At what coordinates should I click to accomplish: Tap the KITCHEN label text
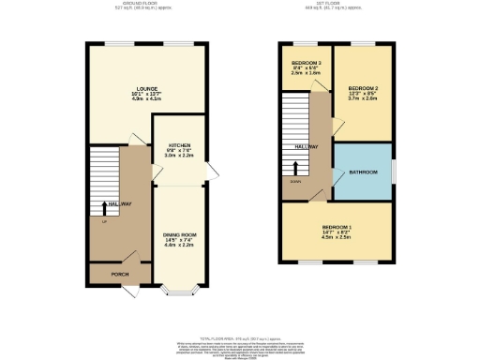(180, 145)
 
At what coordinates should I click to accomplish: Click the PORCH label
(120, 275)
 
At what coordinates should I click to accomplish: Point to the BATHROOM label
(364, 172)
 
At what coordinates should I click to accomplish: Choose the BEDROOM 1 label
(337, 226)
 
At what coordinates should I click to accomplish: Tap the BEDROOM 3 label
(306, 63)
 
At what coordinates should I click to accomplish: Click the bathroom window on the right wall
(393, 172)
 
